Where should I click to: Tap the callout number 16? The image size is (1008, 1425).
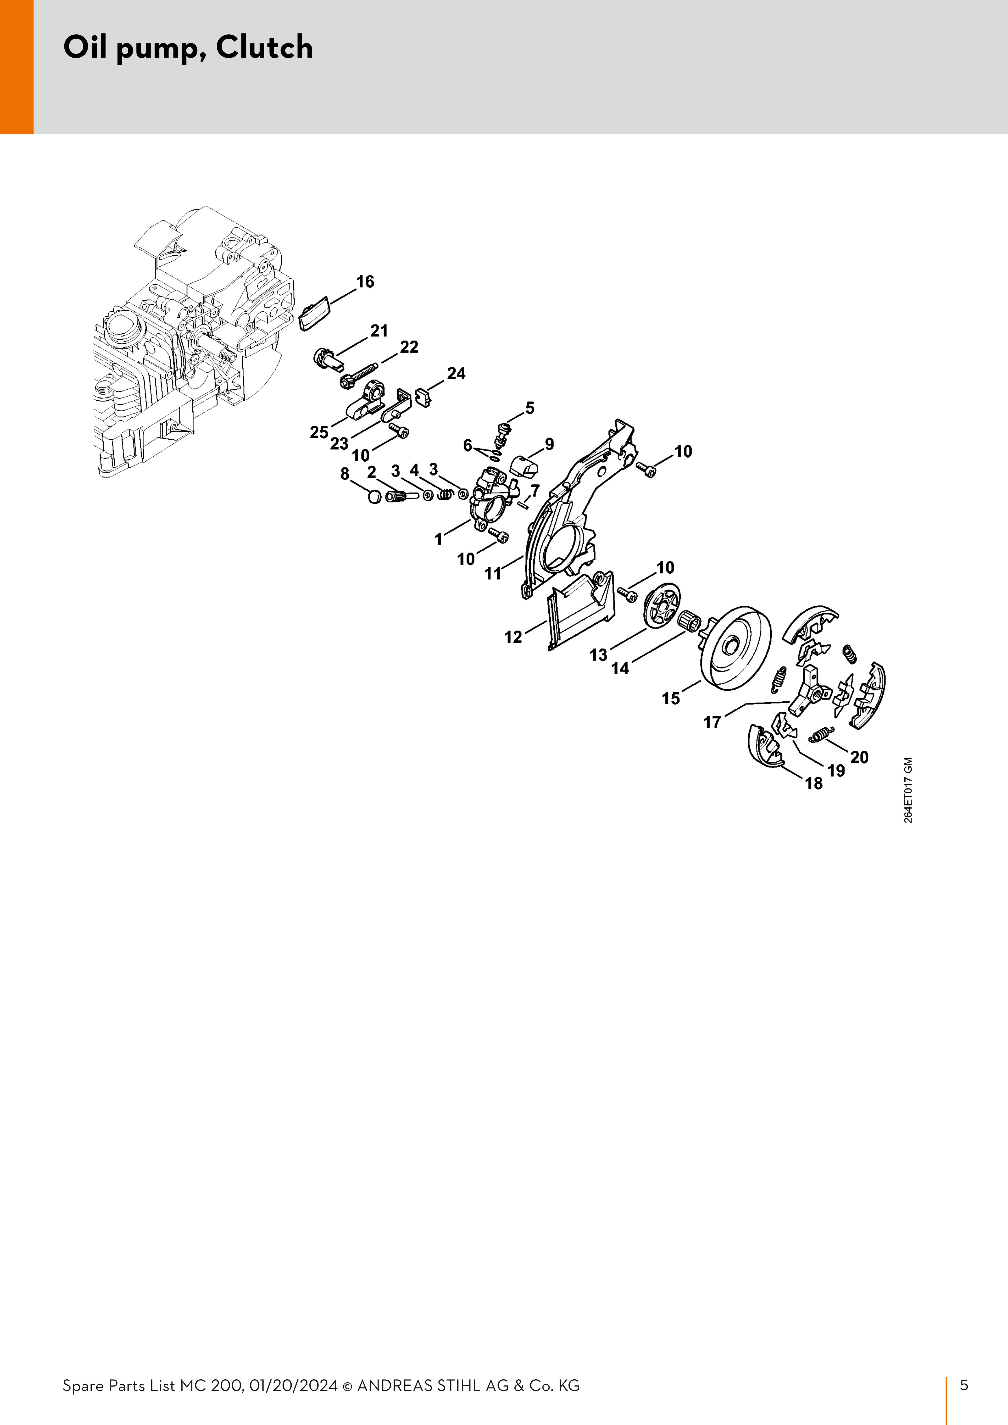click(x=365, y=282)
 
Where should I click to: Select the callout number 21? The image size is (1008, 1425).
click(x=379, y=331)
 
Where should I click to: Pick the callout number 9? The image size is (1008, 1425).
click(x=549, y=445)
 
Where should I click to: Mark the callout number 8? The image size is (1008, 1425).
click(x=345, y=474)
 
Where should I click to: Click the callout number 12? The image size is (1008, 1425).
click(x=513, y=637)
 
